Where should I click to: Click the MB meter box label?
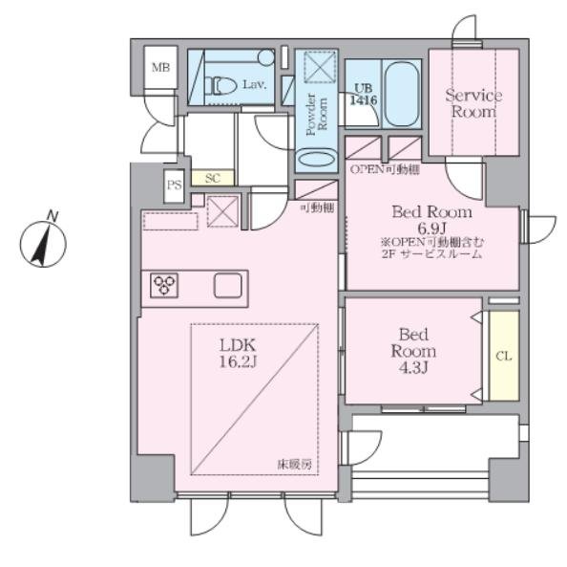click(x=160, y=67)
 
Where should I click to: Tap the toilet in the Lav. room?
click(x=219, y=85)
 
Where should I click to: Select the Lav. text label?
click(x=254, y=85)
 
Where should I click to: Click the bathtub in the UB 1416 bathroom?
click(x=401, y=94)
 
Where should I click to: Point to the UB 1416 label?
click(x=364, y=95)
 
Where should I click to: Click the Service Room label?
click(x=473, y=103)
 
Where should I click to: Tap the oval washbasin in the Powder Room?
click(x=316, y=159)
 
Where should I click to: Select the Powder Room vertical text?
click(x=316, y=114)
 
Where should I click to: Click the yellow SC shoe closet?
click(x=212, y=178)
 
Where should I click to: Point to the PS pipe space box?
click(x=174, y=185)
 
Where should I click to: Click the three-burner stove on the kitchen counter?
click(x=164, y=285)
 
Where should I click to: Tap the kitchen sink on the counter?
click(x=228, y=285)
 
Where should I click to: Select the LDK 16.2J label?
click(x=238, y=353)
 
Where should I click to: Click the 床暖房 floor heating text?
click(x=294, y=464)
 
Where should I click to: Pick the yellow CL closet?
click(x=504, y=356)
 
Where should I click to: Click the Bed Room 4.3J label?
click(x=413, y=351)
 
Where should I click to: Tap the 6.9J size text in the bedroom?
click(x=431, y=229)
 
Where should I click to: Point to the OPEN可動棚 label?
click(x=385, y=169)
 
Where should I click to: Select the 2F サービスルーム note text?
click(x=431, y=253)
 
